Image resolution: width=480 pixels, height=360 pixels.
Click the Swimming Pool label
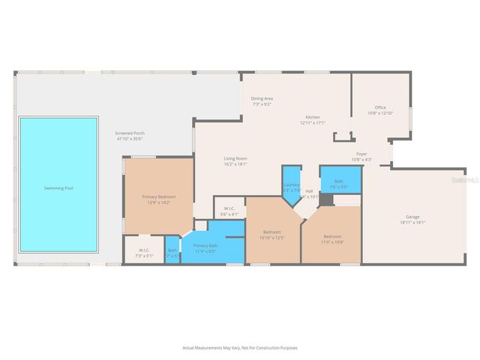[x=58, y=188]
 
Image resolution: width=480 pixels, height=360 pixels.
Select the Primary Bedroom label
[x=158, y=196]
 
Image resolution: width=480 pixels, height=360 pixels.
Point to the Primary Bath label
[x=205, y=246]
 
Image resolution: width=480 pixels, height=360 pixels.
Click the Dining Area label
[x=262, y=98]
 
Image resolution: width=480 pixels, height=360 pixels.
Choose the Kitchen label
[x=313, y=117]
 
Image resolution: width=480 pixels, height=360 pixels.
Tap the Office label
[x=380, y=107]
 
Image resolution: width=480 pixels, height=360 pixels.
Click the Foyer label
[x=361, y=154]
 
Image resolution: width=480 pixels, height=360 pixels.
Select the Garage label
[x=412, y=217]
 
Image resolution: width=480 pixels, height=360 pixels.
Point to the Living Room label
[x=235, y=158]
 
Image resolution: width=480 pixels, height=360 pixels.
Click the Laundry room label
[x=292, y=184]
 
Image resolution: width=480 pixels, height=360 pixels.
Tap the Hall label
[x=309, y=191]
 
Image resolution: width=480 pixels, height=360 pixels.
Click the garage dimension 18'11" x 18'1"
[x=412, y=223]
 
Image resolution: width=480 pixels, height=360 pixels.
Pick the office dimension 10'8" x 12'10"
[x=380, y=113]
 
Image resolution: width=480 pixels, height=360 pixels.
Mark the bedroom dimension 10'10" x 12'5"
[x=272, y=238]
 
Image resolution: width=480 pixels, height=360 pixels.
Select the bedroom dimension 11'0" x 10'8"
[x=332, y=242]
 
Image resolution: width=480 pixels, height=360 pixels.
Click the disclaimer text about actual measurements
[x=239, y=347]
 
